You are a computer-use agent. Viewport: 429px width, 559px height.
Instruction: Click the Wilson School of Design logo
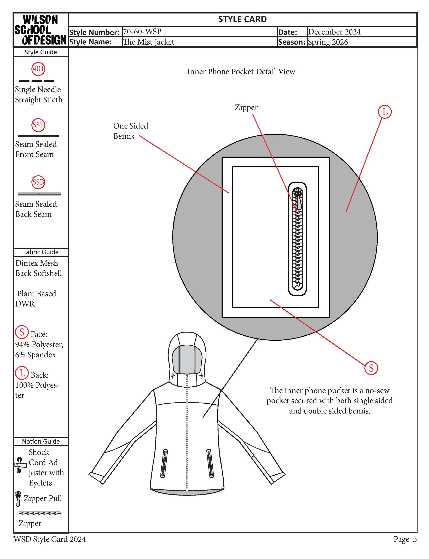[40, 30]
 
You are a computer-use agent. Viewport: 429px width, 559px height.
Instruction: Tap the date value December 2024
[334, 32]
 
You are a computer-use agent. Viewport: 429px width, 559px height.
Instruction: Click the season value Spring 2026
[328, 42]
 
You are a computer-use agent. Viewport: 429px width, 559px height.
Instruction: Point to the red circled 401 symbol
[38, 69]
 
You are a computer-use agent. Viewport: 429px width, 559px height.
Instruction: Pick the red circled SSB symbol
[38, 182]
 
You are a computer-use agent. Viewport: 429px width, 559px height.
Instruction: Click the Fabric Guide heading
[41, 252]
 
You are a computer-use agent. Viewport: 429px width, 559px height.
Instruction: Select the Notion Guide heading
[41, 441]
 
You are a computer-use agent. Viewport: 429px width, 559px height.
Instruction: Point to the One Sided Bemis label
[130, 131]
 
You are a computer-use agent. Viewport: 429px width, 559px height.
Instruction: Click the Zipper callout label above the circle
[246, 107]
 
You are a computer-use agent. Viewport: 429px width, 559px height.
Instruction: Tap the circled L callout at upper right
[385, 112]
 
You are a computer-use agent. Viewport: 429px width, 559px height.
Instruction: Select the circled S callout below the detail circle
[371, 368]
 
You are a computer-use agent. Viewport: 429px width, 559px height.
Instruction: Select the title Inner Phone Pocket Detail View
[241, 72]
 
